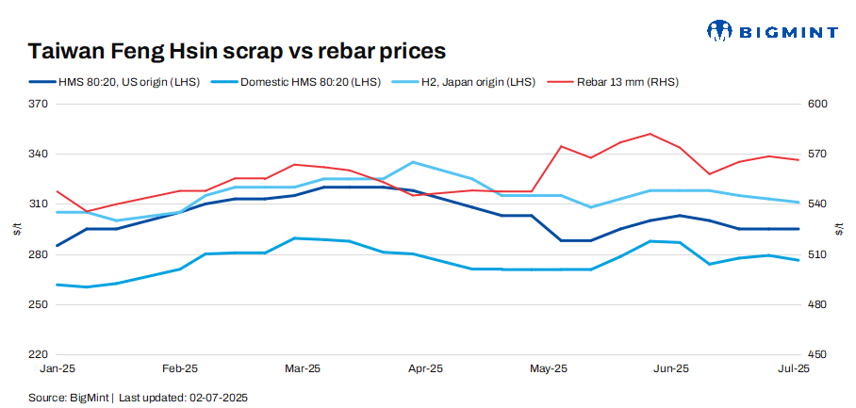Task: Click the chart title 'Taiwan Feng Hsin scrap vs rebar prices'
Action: [237, 50]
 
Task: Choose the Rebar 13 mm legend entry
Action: [623, 82]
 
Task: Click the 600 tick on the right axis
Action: [816, 104]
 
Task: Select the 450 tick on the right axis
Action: [816, 355]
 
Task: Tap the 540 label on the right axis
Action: [816, 204]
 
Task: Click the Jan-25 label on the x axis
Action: [58, 369]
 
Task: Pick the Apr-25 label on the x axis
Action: [426, 369]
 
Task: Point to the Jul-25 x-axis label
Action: [792, 369]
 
